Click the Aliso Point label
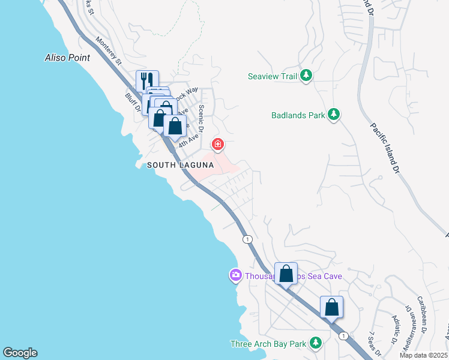[67, 58]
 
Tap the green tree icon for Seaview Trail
[307, 76]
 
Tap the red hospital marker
[218, 145]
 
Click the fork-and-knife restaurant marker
[147, 80]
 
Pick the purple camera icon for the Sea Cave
[235, 275]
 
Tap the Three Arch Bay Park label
[268, 344]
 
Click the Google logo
[20, 353]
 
